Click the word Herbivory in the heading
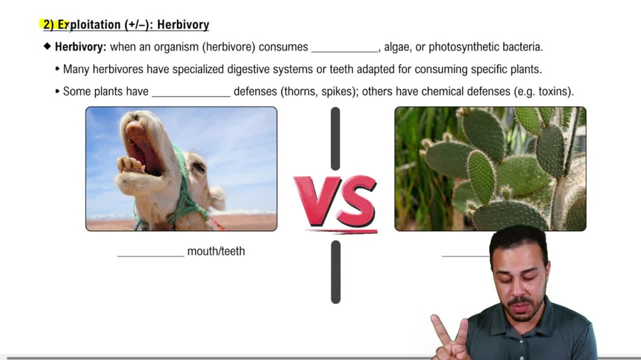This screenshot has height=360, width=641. [x=183, y=25]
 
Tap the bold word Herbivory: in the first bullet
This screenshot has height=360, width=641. [x=81, y=47]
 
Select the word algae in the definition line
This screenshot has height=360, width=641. [x=398, y=47]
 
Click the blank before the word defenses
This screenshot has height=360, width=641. [x=191, y=94]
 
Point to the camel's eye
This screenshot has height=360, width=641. [x=198, y=167]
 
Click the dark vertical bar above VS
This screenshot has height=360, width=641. [x=335, y=138]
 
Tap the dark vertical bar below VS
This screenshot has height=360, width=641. [x=335, y=272]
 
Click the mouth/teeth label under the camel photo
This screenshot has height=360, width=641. [x=216, y=251]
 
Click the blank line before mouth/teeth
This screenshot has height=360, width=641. [x=151, y=254]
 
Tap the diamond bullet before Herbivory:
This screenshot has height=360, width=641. [x=47, y=47]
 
